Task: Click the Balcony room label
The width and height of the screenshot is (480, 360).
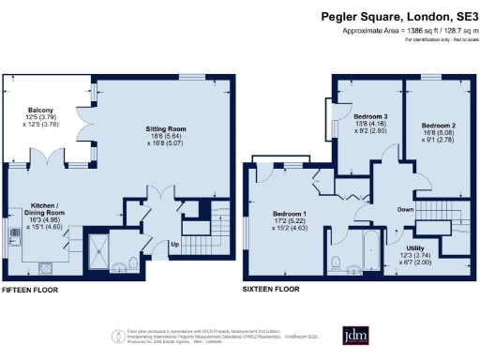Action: (39, 109)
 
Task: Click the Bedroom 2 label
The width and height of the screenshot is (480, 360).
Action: (438, 125)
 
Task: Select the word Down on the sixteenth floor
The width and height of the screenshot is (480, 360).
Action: (405, 208)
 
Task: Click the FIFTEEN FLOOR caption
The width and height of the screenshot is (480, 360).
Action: (34, 290)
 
